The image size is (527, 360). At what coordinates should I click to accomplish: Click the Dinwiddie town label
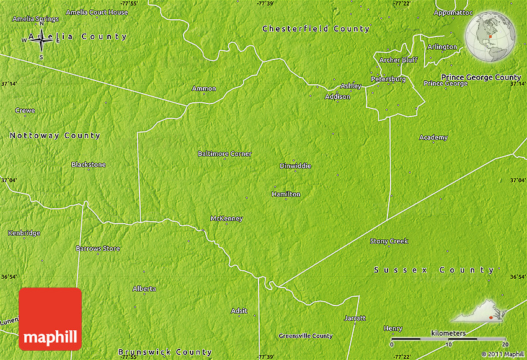pyautogui.click(x=295, y=165)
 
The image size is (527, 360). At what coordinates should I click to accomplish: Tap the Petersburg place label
pyautogui.click(x=388, y=79)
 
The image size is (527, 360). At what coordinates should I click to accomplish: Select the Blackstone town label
pyautogui.click(x=88, y=164)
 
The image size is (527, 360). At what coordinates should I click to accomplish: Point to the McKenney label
pyautogui.click(x=226, y=218)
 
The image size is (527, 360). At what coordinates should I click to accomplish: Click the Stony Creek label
pyautogui.click(x=389, y=241)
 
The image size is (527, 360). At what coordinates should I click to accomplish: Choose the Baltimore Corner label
pyautogui.click(x=224, y=153)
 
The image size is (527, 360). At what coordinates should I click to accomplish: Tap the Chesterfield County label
pyautogui.click(x=316, y=29)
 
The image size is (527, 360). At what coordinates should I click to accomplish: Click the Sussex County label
pyautogui.click(x=434, y=270)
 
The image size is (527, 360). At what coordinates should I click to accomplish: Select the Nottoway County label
pyautogui.click(x=55, y=135)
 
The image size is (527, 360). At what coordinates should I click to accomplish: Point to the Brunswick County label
pyautogui.click(x=165, y=352)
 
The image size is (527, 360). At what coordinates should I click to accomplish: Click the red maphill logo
pyautogui.click(x=50, y=319)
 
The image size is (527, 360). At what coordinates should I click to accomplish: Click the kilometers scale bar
pyautogui.click(x=448, y=339)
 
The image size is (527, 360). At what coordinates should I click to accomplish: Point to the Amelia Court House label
pyautogui.click(x=96, y=12)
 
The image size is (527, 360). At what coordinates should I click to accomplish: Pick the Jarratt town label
pyautogui.click(x=355, y=318)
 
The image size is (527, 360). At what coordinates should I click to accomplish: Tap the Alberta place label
pyautogui.click(x=144, y=289)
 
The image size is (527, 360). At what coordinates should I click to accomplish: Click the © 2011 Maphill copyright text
pyautogui.click(x=502, y=354)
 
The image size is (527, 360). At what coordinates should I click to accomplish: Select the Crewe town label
pyautogui.click(x=25, y=110)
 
